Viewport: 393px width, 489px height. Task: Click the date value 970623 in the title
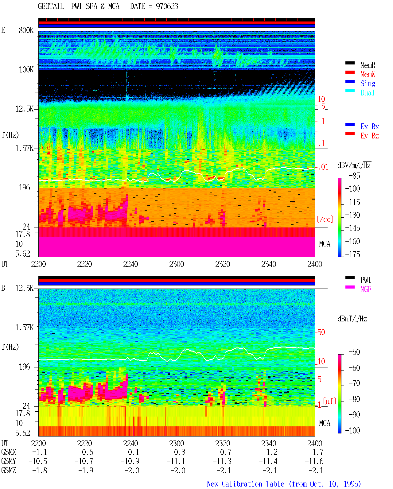[167, 6]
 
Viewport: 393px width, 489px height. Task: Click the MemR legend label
[368, 65]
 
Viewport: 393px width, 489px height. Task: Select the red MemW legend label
[368, 74]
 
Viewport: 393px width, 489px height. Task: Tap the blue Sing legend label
[368, 83]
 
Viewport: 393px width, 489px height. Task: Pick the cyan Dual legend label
[367, 93]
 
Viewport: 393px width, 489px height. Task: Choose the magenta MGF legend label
[366, 289]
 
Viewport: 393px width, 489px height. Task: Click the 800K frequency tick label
[26, 30]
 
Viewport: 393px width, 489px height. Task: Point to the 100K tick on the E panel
[26, 70]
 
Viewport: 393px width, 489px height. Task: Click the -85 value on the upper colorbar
[354, 176]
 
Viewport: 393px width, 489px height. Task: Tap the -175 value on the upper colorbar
[352, 254]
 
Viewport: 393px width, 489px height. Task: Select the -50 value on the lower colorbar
[354, 352]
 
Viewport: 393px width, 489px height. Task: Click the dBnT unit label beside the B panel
[352, 319]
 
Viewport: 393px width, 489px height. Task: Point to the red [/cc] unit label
[325, 219]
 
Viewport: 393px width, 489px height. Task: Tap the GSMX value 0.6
[88, 452]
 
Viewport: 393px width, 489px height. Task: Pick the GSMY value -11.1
[176, 461]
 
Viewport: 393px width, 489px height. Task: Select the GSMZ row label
[9, 470]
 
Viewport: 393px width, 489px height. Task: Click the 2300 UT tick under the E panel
[177, 264]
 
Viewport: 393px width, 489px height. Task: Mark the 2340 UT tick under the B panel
[269, 443]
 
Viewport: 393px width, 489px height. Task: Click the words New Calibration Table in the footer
[246, 484]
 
